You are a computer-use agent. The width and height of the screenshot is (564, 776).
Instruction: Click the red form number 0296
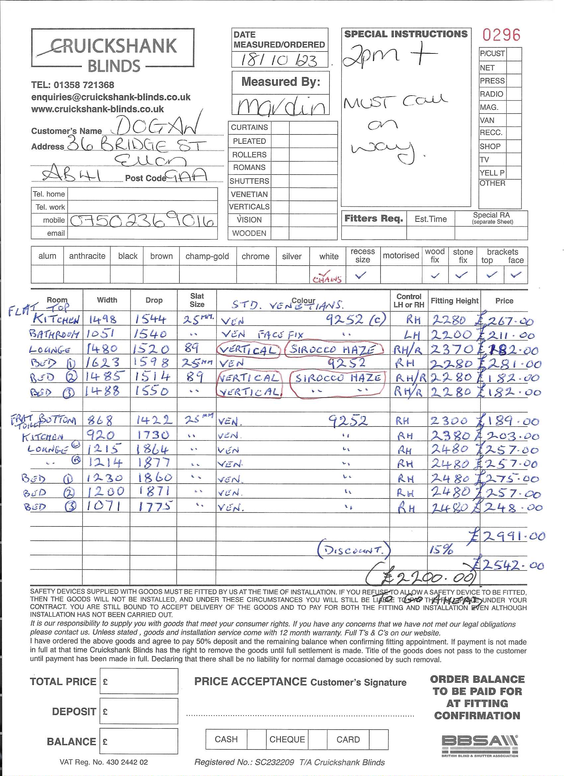(501, 35)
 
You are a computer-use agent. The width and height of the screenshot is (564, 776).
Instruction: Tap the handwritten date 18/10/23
(279, 60)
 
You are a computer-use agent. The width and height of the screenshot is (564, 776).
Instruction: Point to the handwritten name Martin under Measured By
(280, 106)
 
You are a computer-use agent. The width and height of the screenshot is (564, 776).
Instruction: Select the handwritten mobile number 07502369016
(142, 221)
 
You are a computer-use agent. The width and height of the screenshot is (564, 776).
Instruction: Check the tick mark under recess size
(361, 275)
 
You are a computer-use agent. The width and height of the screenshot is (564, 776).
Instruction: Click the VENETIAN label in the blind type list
(249, 194)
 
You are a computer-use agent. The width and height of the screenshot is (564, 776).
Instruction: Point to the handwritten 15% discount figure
(441, 550)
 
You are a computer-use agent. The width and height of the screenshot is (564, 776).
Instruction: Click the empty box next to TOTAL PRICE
(139, 681)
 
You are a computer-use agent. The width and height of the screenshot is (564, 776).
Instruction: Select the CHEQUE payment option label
(287, 739)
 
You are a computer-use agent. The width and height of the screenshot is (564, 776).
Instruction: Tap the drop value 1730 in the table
(153, 435)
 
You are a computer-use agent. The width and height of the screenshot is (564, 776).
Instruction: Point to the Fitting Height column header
(454, 301)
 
